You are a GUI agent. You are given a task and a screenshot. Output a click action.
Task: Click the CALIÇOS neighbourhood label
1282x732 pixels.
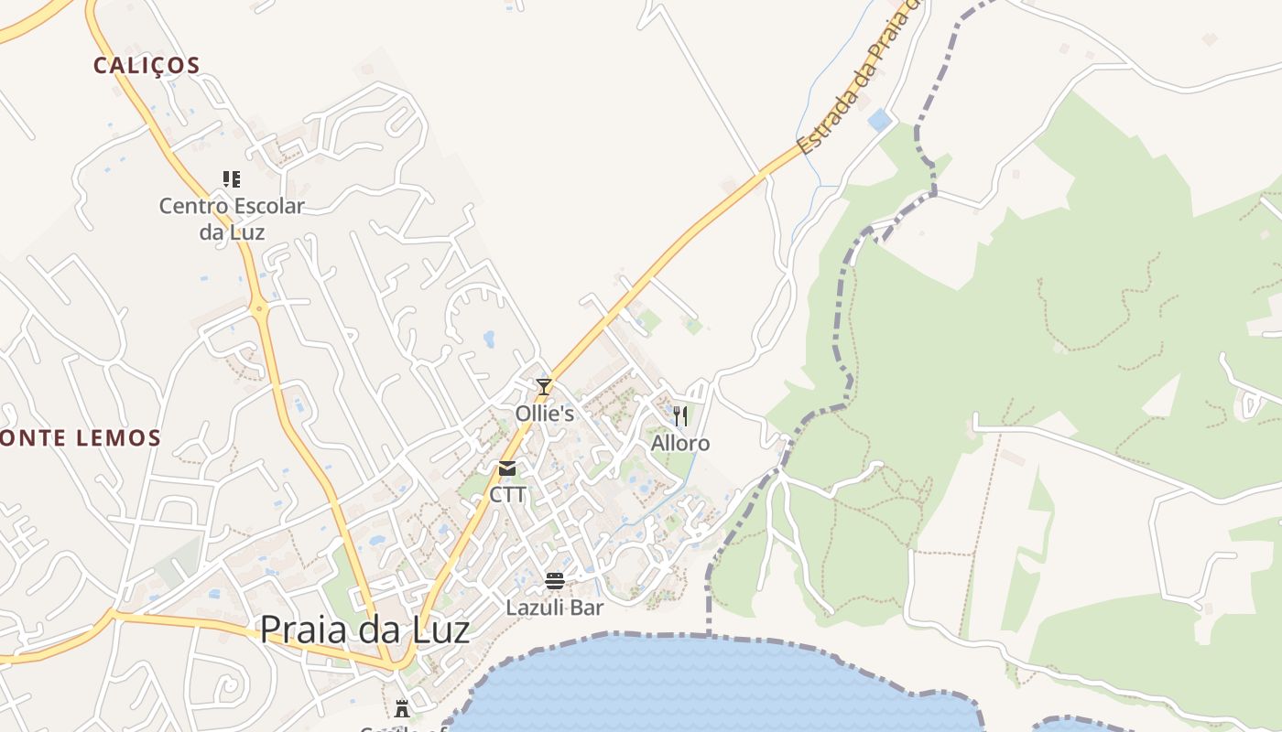click(147, 66)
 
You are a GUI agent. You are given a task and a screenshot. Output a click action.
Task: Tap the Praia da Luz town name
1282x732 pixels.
click(364, 630)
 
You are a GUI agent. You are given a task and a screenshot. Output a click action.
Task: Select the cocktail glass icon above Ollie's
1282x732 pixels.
click(544, 387)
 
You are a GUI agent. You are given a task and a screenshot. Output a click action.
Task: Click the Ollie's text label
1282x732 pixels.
click(544, 414)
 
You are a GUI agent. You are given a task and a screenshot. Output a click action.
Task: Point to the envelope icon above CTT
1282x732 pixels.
click(507, 468)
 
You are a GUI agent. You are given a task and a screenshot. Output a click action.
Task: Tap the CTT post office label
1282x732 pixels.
click(507, 495)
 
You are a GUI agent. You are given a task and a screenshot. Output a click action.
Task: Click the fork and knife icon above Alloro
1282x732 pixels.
click(679, 416)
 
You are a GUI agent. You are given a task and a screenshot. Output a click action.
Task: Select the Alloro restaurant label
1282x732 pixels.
click(679, 444)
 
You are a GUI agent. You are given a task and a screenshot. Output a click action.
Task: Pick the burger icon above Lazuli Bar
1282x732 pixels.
click(554, 581)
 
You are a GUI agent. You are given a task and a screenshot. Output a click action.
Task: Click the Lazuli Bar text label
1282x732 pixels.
click(554, 608)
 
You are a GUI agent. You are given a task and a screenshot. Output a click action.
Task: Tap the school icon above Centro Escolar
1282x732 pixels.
click(232, 178)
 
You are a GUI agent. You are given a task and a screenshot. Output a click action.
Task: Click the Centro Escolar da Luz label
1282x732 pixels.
click(232, 219)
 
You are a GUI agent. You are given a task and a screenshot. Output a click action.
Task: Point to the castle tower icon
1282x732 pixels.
click(401, 707)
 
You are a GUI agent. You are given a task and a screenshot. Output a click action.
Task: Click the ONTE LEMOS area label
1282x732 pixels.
click(81, 438)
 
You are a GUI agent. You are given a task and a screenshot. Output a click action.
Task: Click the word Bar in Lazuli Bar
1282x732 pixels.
click(586, 608)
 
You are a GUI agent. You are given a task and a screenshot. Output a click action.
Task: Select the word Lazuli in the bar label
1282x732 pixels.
click(536, 608)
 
